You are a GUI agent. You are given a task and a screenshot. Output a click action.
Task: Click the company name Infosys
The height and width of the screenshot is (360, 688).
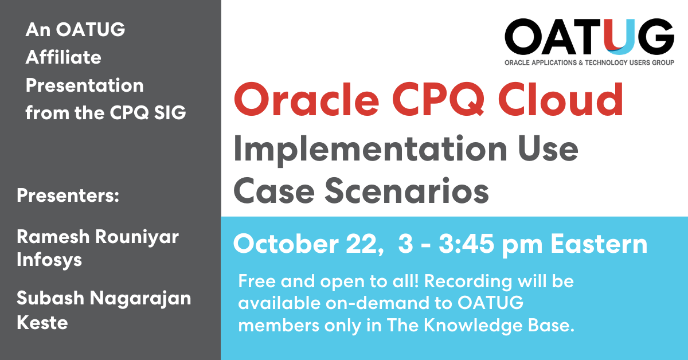coord(49,260)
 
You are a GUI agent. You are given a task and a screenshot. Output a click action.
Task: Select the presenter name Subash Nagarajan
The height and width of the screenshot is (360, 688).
coord(104,298)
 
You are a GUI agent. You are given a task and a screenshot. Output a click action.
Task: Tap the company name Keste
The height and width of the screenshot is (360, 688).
coord(42,322)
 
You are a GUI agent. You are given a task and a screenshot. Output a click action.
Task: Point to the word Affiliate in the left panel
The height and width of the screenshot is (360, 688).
coord(63,57)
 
